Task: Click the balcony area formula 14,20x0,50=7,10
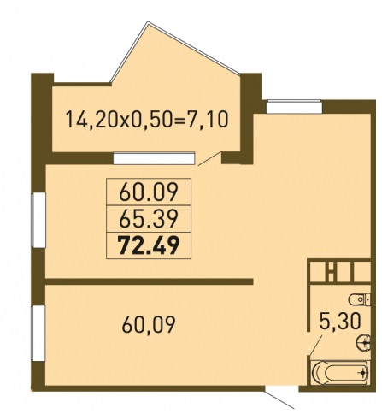coord(147,120)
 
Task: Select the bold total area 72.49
coord(149,245)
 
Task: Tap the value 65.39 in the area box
coord(149,219)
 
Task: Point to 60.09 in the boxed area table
coord(149,192)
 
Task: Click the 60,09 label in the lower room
coord(149,325)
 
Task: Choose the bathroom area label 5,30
coord(340,322)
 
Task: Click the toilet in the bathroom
coord(360,299)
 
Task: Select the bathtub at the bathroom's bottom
coord(340,372)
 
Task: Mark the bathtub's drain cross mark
coord(362,372)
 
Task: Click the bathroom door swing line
coord(316,345)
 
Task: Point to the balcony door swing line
coord(209,158)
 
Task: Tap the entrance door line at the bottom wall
coord(279,399)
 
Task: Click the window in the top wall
coord(294,107)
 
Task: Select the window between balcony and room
coord(154,158)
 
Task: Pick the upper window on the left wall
coord(38,220)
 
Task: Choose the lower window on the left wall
coord(38,334)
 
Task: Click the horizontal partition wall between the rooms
coord(149,281)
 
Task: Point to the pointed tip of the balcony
coord(148,21)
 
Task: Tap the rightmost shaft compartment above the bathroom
coord(362,272)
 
